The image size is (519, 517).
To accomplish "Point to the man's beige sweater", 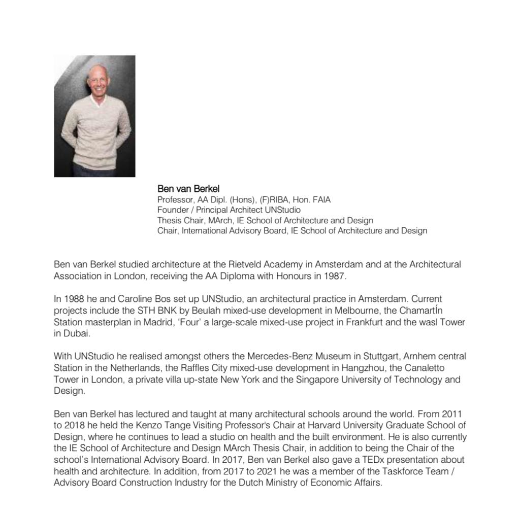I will click(x=94, y=132).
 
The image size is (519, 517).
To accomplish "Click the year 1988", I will click(x=74, y=299).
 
